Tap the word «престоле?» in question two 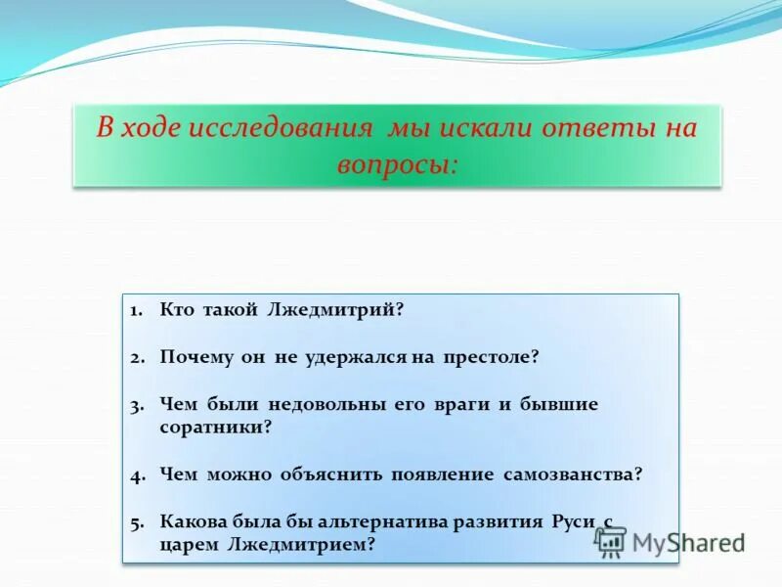coord(489,358)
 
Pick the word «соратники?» coord(215,429)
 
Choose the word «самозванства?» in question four coord(573,475)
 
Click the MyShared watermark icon coord(611,541)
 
